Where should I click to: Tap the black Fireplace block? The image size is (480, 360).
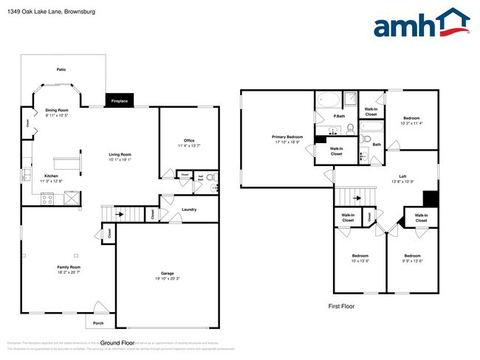point(119,101)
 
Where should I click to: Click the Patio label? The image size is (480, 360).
point(61,69)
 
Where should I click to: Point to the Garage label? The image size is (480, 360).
point(168,273)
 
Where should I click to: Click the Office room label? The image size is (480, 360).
point(189,140)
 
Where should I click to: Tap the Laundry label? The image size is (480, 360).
point(188,210)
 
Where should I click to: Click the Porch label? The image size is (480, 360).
point(98,322)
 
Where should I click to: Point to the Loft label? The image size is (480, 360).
point(402,176)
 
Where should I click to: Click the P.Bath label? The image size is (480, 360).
point(340,116)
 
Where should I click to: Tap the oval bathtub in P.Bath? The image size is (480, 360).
point(327,101)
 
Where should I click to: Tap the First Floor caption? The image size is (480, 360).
point(342,305)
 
